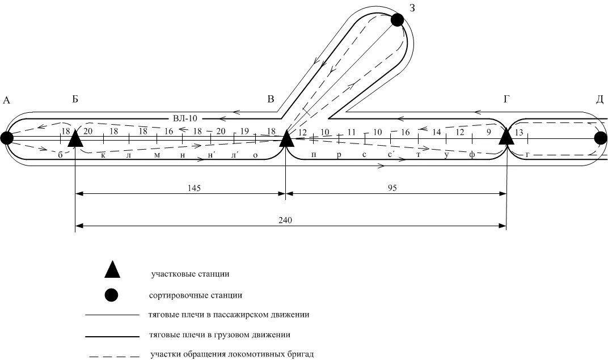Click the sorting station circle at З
click(397, 20)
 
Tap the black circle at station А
click(7, 138)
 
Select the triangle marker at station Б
click(75, 138)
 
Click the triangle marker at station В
click(286, 138)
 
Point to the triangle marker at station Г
click(506, 137)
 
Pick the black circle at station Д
click(601, 138)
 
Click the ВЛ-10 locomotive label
click(185, 118)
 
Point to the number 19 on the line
click(244, 132)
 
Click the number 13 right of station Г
click(519, 132)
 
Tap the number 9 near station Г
click(488, 132)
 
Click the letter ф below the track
click(471, 155)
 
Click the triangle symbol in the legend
click(112, 270)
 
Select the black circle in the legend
click(112, 295)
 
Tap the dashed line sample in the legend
click(113, 357)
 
